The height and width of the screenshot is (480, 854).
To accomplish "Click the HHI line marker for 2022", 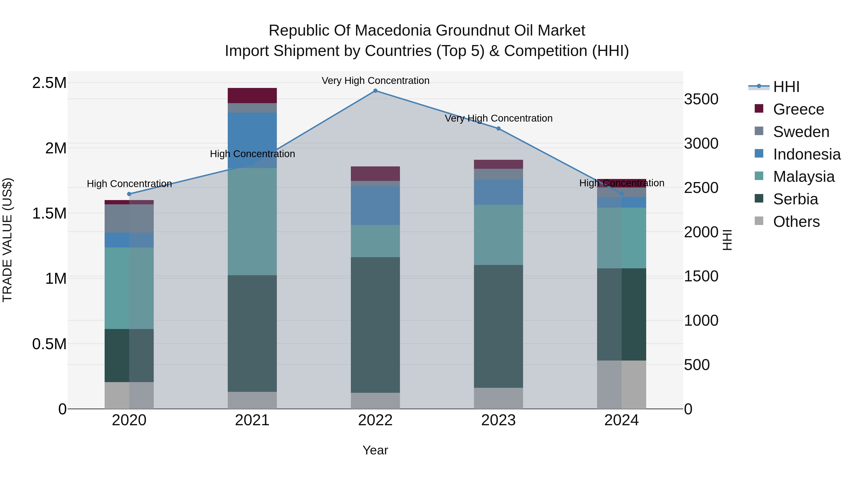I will click(375, 91).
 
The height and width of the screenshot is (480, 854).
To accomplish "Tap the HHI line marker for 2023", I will click(498, 128).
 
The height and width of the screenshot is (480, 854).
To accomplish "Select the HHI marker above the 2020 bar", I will click(129, 194).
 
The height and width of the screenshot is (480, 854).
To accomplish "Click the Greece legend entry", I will click(798, 109).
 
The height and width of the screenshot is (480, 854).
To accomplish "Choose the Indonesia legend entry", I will click(806, 154).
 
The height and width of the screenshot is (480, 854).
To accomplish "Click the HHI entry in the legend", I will click(786, 87).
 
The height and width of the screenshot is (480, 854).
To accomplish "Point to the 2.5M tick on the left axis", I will click(49, 83).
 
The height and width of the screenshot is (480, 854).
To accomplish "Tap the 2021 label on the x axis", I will click(252, 420).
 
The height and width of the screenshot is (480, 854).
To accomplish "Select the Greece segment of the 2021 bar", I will click(252, 95).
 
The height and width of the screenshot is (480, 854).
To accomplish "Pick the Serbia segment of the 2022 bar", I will click(375, 325).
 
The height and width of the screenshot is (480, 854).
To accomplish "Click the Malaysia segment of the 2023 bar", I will click(498, 234).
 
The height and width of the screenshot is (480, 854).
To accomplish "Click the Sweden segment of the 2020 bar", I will click(129, 218).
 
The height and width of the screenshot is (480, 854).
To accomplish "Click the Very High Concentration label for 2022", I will click(375, 81).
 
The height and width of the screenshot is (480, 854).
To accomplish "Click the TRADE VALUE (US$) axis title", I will click(7, 240).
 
